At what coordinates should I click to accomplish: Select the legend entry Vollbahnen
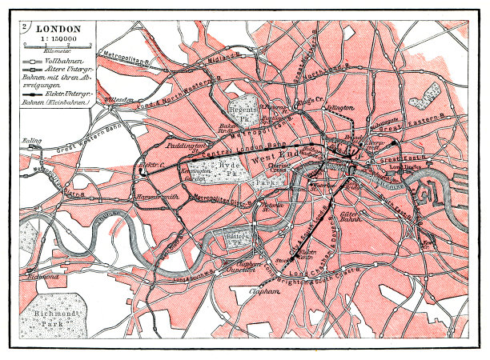[63, 61]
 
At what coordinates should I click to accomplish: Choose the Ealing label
[31, 142]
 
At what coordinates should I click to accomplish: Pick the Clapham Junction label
[239, 265]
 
